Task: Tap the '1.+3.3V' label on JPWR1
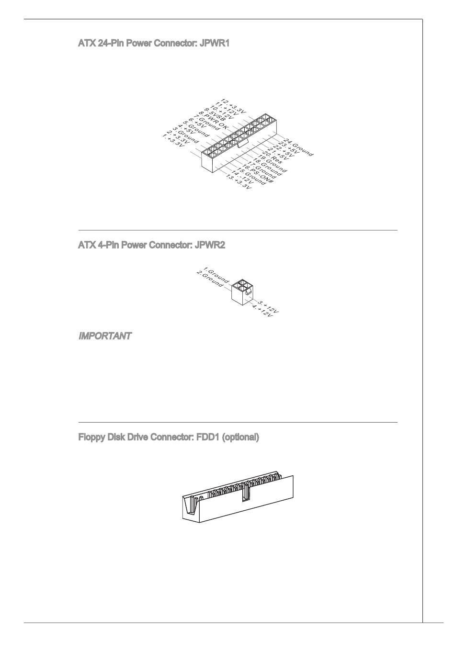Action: [173, 142]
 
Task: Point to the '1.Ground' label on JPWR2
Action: [216, 275]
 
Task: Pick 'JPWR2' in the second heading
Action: [209, 245]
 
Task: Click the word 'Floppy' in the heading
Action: [91, 437]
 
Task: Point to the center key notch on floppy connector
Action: [246, 493]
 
